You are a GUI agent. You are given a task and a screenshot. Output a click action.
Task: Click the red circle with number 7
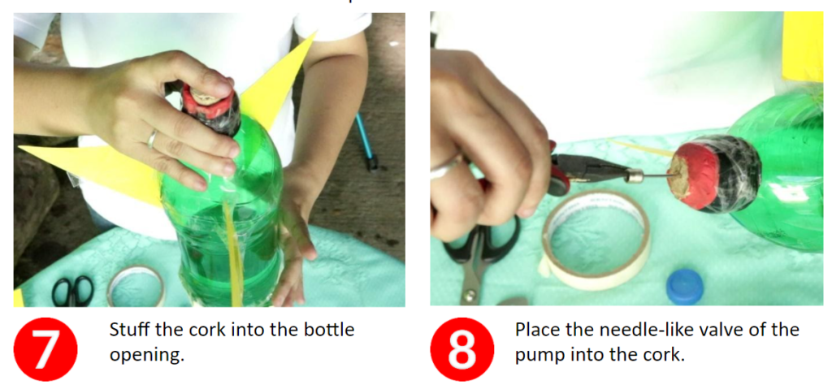tap(45, 349)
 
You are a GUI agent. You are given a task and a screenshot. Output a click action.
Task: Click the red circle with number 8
tap(461, 349)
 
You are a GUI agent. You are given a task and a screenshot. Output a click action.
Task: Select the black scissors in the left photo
tap(72, 292)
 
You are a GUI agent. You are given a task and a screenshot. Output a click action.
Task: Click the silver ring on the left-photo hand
tap(152, 139)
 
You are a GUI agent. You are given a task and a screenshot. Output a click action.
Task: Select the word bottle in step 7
tap(328, 330)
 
